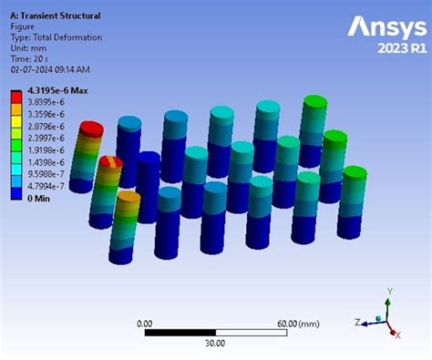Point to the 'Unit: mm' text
29,48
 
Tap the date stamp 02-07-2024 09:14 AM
51,69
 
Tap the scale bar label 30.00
215,343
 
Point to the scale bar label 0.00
144,324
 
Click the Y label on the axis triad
389,291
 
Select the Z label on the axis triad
357,321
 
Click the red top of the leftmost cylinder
90,129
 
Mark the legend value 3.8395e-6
46,105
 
